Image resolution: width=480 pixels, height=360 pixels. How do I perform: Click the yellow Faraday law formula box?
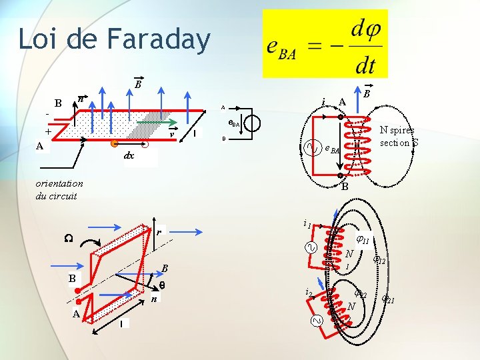pyautogui.click(x=325, y=44)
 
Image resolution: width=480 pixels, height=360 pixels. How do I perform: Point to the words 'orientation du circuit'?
pyautogui.click(x=59, y=189)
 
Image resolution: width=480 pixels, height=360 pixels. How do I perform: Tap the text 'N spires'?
pyautogui.click(x=397, y=131)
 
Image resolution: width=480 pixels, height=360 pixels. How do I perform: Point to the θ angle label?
pyautogui.click(x=161, y=285)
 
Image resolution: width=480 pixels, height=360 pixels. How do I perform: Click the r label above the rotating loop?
pyautogui.click(x=159, y=233)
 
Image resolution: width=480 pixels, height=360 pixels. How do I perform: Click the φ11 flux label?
pyautogui.click(x=363, y=241)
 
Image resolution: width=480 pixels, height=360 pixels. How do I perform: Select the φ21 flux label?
pyautogui.click(x=388, y=299)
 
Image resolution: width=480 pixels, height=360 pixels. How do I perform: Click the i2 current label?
pyautogui.click(x=307, y=293)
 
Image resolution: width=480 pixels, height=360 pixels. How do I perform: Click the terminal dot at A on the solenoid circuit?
pyautogui.click(x=340, y=117)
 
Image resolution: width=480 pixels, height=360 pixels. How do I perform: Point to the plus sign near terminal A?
pyautogui.click(x=47, y=132)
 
